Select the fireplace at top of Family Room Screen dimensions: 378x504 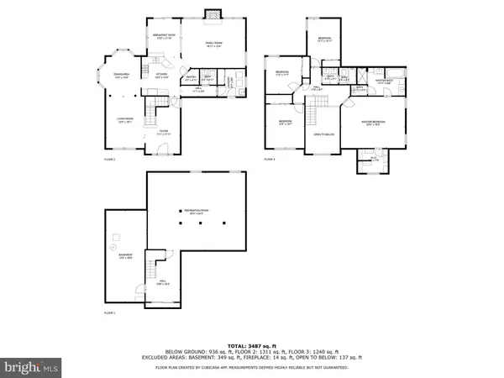point(213,13)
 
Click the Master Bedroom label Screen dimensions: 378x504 point(373,123)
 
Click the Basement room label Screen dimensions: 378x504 point(124,255)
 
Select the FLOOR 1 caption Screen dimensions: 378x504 point(109,312)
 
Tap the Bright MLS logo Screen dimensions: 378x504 point(32,366)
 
